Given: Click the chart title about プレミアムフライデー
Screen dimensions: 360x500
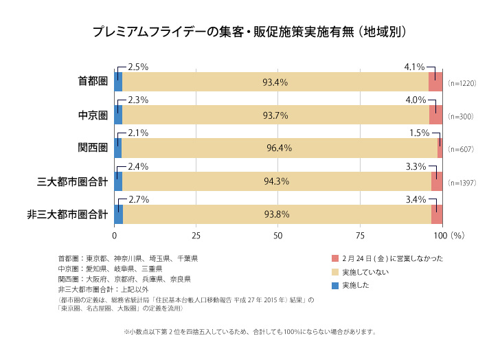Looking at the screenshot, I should tap(250, 32).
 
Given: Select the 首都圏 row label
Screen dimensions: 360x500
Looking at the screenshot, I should tap(93, 82).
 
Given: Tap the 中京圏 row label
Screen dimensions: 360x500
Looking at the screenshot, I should tap(93, 115).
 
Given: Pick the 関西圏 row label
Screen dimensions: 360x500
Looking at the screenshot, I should tap(93, 148).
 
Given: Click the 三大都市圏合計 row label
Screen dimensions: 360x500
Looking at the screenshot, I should tap(72, 181).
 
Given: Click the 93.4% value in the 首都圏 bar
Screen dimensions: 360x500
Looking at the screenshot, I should tap(275, 82).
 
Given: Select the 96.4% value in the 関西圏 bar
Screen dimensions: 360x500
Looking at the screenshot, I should tap(279, 148).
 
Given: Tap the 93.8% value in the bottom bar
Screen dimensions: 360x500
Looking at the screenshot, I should tap(276, 214).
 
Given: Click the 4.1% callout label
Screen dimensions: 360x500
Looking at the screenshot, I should tap(415, 67).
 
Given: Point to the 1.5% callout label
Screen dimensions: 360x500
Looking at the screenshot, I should tap(419, 133).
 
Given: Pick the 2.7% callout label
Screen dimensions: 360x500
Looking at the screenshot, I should tap(138, 199).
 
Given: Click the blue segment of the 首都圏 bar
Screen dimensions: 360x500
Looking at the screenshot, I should tap(118, 82).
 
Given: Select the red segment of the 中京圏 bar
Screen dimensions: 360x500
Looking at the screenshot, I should tap(436, 115).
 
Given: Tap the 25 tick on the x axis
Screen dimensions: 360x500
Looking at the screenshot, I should tap(196, 236).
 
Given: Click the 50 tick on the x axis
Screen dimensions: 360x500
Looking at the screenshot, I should tap(279, 236).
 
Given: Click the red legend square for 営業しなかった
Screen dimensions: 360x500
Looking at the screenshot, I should tap(335, 259).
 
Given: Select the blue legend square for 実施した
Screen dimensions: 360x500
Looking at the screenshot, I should tap(335, 285).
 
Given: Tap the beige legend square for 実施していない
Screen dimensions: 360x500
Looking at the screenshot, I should tap(335, 272).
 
